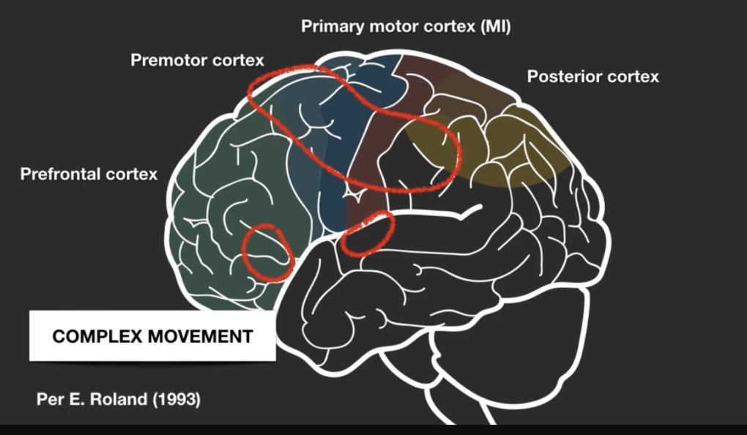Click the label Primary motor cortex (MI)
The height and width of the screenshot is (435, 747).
406,27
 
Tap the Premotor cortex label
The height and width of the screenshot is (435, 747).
197,59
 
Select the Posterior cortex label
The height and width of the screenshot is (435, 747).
592,76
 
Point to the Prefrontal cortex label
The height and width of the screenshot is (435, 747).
89,174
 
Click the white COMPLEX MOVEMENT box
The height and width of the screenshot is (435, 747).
152,336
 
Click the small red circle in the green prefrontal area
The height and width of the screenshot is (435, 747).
269,250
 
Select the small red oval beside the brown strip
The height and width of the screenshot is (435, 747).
368,233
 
